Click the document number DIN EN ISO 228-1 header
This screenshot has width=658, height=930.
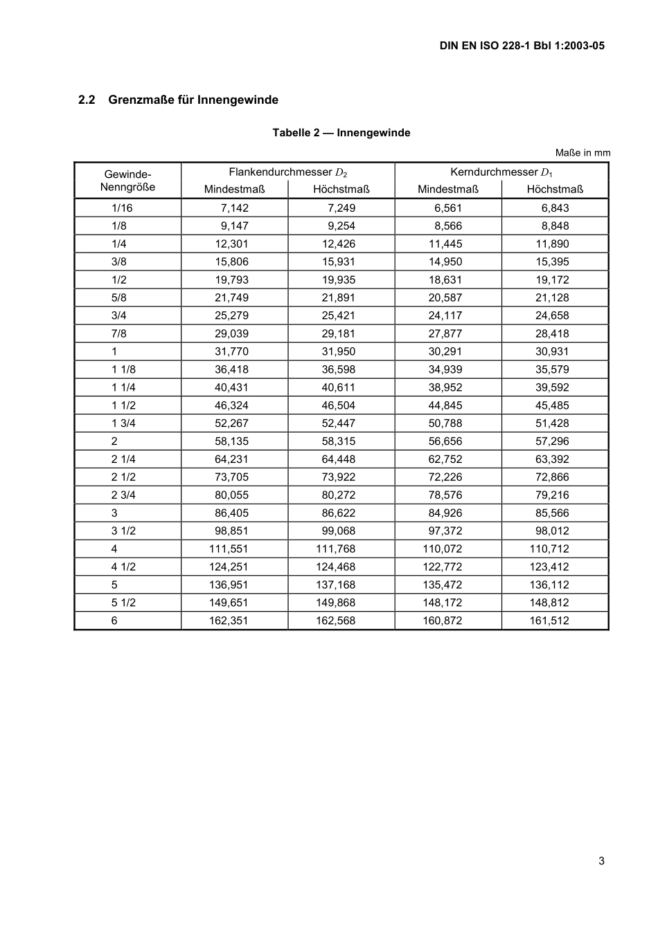(x=522, y=46)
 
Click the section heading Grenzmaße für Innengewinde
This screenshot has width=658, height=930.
(x=178, y=100)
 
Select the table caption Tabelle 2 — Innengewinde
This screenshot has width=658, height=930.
(x=341, y=133)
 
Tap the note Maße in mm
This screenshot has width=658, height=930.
(x=583, y=153)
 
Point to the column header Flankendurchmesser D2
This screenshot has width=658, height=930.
(x=287, y=172)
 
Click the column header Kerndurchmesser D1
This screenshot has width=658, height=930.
(x=501, y=172)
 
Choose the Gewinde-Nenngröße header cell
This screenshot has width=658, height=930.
(x=127, y=181)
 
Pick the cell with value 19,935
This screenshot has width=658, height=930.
(x=338, y=280)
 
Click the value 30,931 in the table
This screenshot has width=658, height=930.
(x=552, y=352)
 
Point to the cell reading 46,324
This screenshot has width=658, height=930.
(x=231, y=405)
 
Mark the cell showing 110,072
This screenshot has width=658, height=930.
(x=442, y=549)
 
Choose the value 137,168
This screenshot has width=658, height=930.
(x=335, y=585)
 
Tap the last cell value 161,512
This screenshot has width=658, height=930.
(x=549, y=621)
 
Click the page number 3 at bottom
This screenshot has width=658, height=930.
(x=601, y=861)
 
